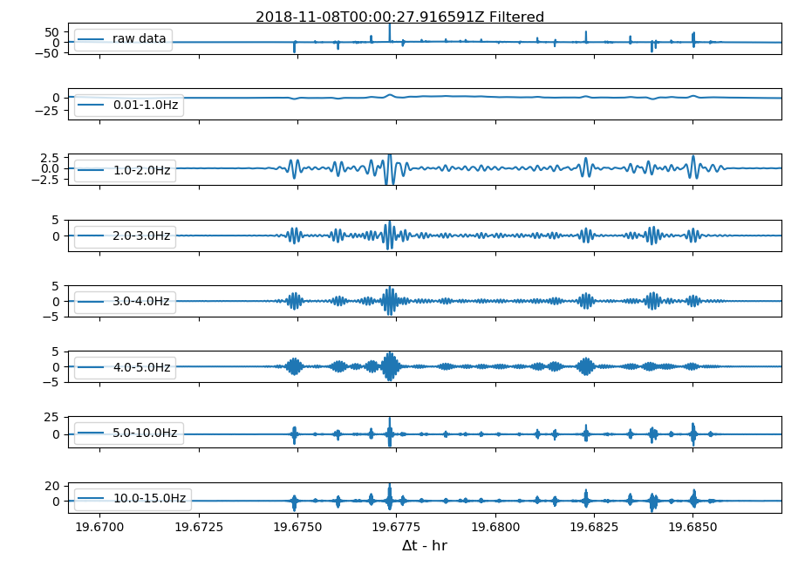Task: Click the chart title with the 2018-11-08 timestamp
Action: point(399,17)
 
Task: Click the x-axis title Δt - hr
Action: point(425,546)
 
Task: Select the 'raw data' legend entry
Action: point(139,39)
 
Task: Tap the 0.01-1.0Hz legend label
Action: point(145,106)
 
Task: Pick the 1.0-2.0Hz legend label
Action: point(141,170)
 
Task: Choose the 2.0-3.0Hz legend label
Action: point(141,235)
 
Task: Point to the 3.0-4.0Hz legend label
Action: point(141,302)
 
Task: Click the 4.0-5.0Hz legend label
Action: point(141,367)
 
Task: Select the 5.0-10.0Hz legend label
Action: point(145,433)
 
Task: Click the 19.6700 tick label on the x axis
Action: point(99,527)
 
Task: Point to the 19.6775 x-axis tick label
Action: point(397,527)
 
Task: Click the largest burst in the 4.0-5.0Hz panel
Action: point(390,365)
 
